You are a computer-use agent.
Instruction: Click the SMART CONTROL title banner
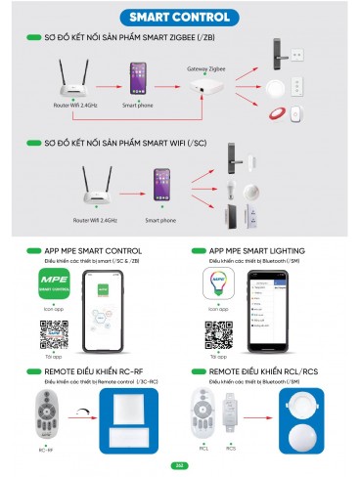tap(180, 17)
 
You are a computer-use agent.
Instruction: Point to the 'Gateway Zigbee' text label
tap(206, 70)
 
